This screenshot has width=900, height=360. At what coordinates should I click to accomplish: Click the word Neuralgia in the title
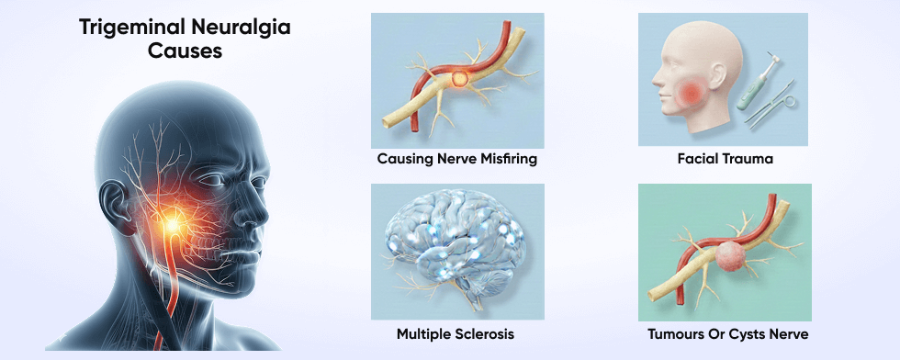[x=242, y=28]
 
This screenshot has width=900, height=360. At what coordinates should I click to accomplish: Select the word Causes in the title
[x=186, y=52]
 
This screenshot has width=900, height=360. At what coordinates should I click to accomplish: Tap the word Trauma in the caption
[x=748, y=159]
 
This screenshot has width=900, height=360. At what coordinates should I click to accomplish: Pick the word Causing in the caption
[x=406, y=159]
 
